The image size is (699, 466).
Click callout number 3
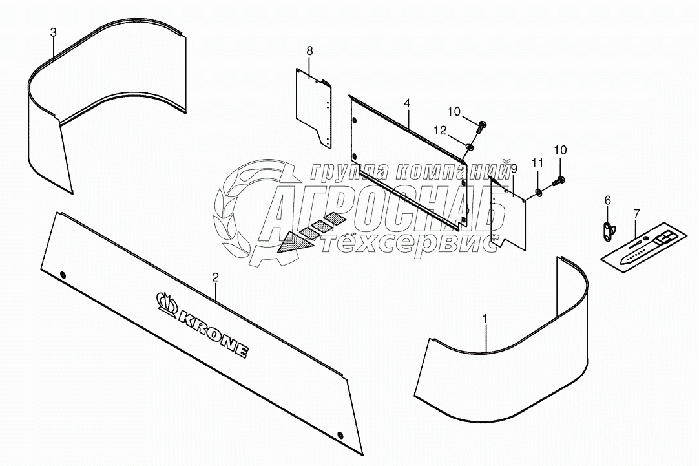tap(54, 32)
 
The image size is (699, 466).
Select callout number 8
tap(309, 50)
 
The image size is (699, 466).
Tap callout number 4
tap(407, 103)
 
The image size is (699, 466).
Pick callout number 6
tap(607, 200)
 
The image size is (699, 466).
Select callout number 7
tap(636, 213)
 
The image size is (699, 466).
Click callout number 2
tap(216, 277)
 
